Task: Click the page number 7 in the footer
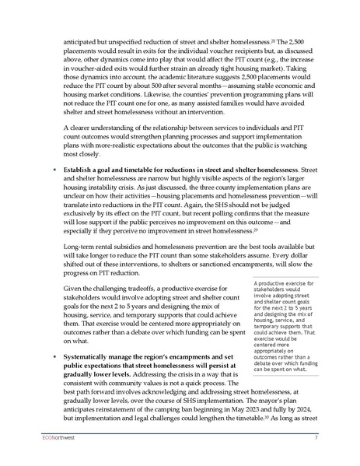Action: point(316,439)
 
